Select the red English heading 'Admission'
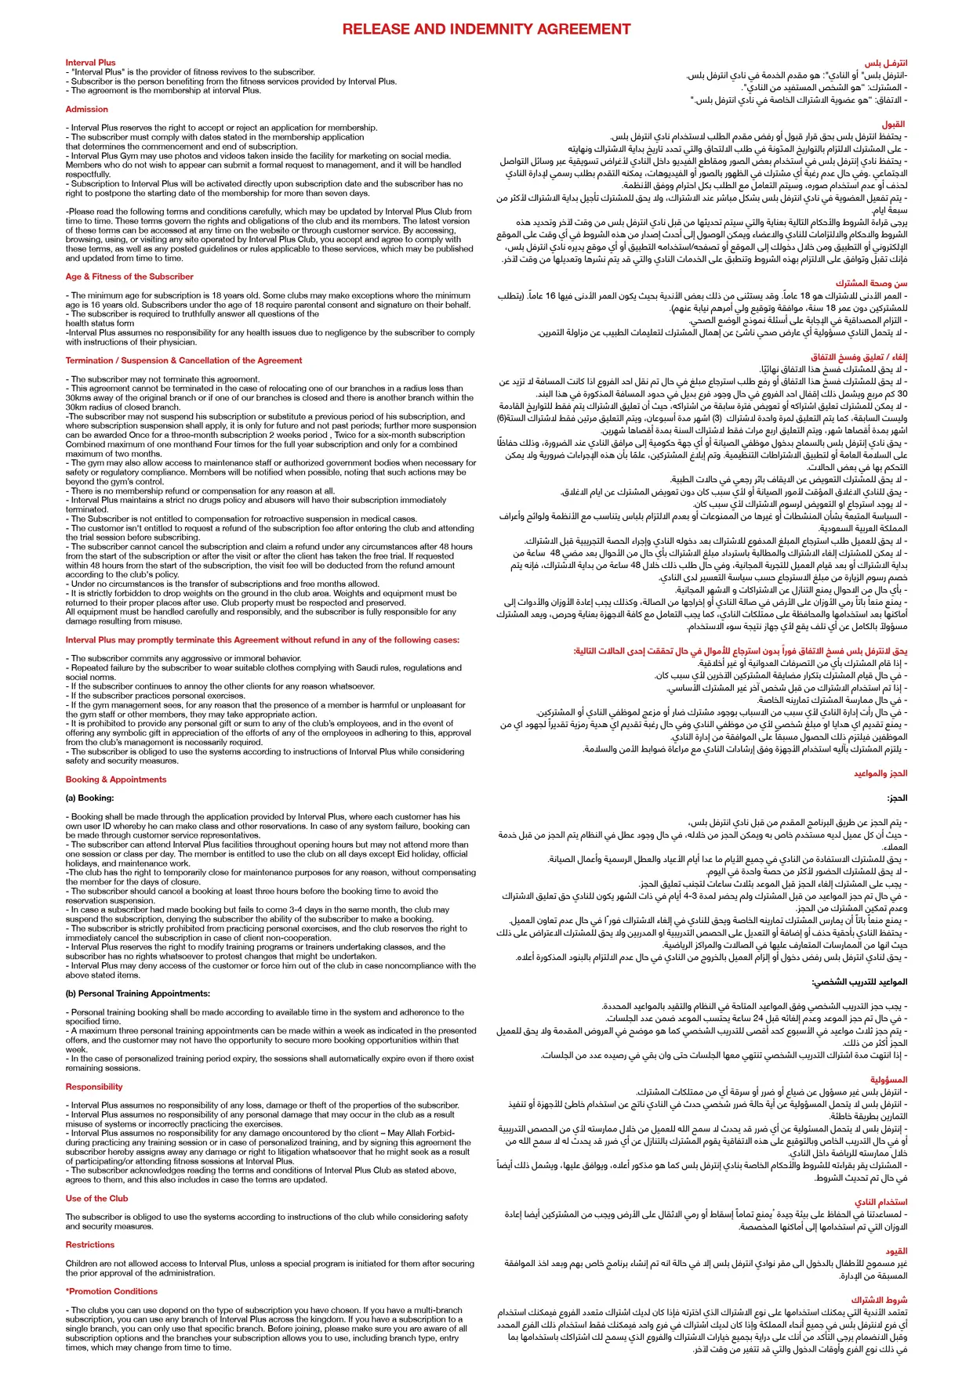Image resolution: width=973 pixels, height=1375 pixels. [87, 110]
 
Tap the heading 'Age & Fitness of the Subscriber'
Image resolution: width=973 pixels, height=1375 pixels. [129, 277]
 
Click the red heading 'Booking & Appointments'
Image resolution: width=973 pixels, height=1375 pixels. [116, 780]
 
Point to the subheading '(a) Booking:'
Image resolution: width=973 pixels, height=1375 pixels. [90, 798]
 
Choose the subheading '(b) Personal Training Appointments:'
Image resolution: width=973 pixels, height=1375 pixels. [138, 993]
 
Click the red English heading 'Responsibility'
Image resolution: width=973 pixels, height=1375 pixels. [94, 1087]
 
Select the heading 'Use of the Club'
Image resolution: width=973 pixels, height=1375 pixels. [96, 1198]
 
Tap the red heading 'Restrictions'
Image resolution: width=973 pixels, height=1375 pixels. [90, 1244]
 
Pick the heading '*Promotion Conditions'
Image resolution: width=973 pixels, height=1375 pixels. [112, 1291]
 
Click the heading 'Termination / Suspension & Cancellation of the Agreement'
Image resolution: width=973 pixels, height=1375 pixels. [183, 360]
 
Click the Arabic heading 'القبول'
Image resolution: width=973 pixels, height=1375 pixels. [893, 125]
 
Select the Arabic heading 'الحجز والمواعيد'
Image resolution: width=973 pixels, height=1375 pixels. [880, 773]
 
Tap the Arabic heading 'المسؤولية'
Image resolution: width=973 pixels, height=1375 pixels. [888, 1080]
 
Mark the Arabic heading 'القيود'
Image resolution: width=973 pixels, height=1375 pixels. [896, 1251]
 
